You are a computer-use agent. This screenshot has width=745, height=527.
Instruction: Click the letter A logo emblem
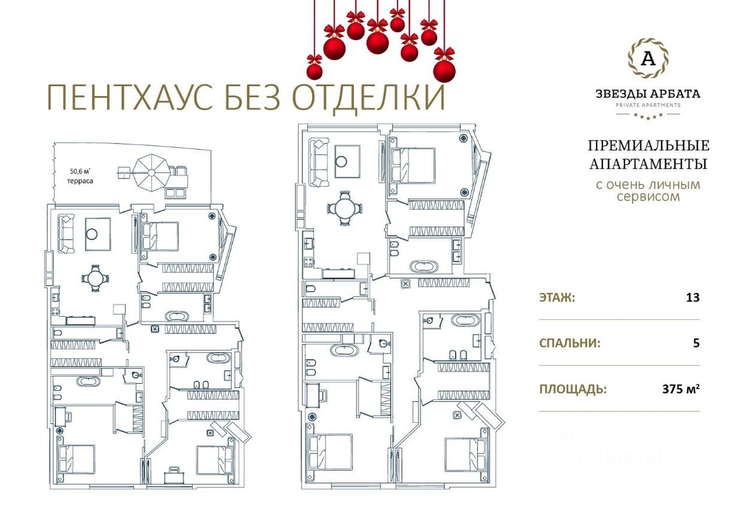pyautogui.click(x=647, y=59)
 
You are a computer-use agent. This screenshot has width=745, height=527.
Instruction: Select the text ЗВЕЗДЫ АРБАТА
pyautogui.click(x=647, y=93)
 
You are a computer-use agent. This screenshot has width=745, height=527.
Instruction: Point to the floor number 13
pyautogui.click(x=692, y=297)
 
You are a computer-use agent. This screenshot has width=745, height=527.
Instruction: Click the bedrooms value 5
pyautogui.click(x=696, y=343)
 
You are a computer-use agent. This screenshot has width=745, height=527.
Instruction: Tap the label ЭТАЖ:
pyautogui.click(x=557, y=297)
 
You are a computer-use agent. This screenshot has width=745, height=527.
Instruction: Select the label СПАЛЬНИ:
pyautogui.click(x=570, y=343)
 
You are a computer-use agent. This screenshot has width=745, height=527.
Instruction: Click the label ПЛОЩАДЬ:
pyautogui.click(x=573, y=389)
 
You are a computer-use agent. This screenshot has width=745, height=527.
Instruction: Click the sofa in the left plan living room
pyautogui.click(x=66, y=234)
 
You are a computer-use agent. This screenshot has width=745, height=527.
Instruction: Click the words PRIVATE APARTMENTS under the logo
pyautogui.click(x=647, y=105)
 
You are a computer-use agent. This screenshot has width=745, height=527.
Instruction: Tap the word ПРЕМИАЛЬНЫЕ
pyautogui.click(x=648, y=146)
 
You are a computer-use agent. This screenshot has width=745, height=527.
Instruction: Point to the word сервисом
pyautogui.click(x=648, y=196)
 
